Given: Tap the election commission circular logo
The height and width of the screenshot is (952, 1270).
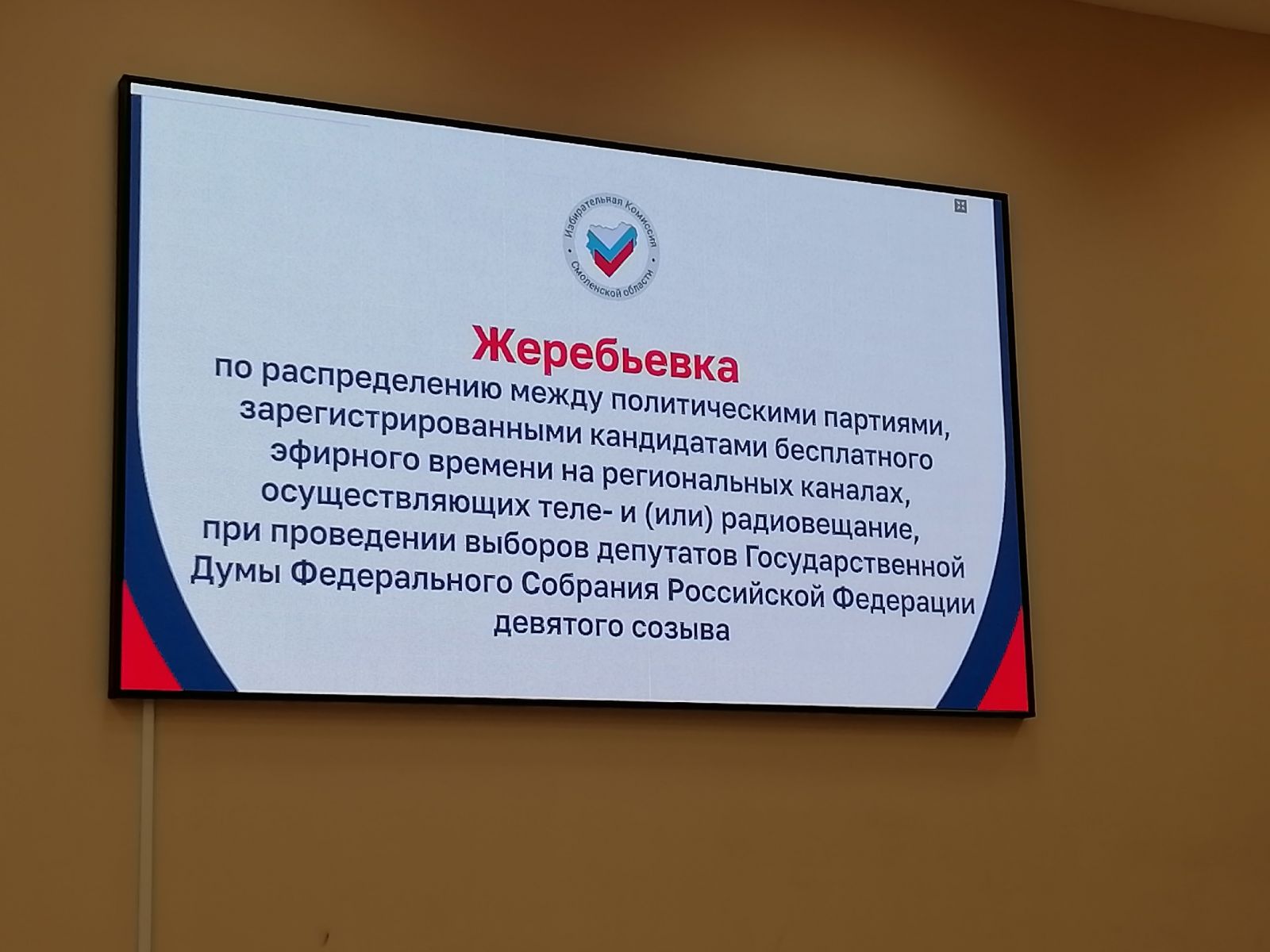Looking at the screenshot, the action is (x=611, y=247).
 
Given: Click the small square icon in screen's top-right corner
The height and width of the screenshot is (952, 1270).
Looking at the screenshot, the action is (x=960, y=205).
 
